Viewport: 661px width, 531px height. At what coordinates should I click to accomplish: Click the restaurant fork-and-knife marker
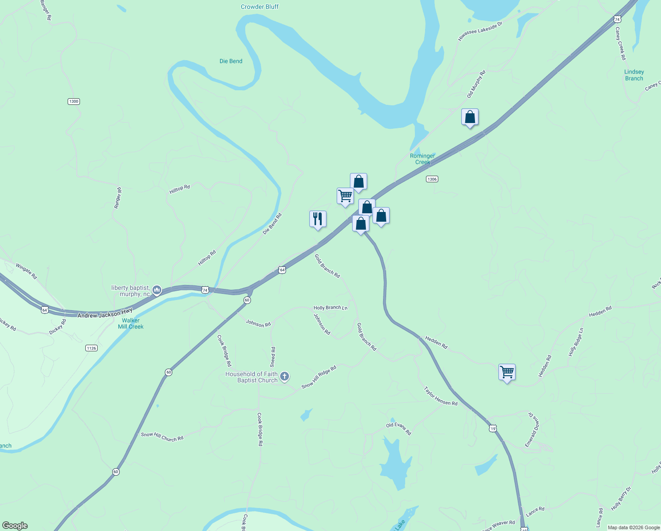318,219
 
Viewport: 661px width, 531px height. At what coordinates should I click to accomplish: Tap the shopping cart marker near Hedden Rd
507,372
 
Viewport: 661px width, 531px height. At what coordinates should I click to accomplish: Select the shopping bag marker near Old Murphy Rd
470,117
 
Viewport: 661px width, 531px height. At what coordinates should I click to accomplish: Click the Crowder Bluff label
260,7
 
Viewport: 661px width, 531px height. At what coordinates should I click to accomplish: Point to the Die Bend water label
231,61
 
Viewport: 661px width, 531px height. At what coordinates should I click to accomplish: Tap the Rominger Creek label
422,159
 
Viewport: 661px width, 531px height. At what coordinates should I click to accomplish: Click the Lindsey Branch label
634,75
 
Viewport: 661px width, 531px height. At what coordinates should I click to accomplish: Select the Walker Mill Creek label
131,323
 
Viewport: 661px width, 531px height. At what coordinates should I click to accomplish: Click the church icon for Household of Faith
285,377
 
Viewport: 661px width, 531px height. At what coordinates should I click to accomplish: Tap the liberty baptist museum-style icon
156,290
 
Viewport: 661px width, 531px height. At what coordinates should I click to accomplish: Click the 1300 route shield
74,101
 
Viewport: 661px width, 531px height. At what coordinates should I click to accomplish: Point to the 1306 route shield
432,179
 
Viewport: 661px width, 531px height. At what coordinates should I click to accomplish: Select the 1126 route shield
91,348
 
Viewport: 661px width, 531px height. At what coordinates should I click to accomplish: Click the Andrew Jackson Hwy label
105,314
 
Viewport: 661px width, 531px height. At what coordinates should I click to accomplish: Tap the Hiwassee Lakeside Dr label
480,31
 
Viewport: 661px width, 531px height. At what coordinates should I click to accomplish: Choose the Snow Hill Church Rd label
162,437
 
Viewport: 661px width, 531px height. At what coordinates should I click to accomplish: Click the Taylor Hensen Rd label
441,396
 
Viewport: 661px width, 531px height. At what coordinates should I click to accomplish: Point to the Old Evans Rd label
399,428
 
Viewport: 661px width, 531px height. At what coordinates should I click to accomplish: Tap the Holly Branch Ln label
330,308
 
